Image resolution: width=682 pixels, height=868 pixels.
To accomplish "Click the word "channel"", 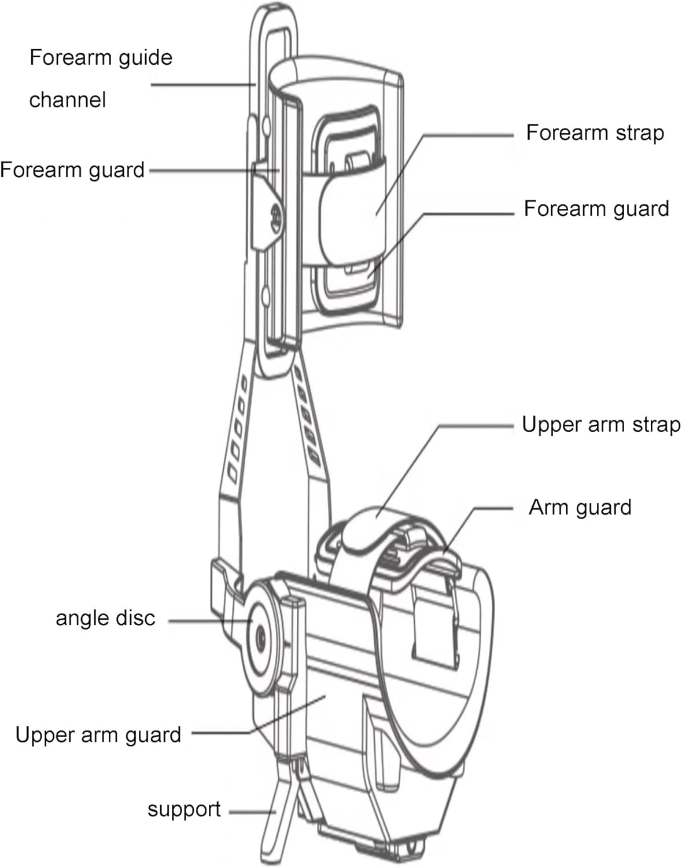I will coord(68,100).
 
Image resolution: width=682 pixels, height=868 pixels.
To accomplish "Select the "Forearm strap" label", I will coord(595,133).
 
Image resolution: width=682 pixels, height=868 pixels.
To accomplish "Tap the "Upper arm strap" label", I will coord(601,425).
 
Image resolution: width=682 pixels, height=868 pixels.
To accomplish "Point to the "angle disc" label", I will coord(105,618).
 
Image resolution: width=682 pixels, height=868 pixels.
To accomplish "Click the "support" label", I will coord(184,809).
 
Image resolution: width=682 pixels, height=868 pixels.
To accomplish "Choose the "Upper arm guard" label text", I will coord(98,735).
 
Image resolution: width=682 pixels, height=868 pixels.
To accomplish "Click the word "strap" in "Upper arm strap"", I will coord(657,425).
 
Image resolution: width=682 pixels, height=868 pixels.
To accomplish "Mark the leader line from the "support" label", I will coord(252,812).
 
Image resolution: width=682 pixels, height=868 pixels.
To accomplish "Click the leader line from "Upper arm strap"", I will coord(474,425).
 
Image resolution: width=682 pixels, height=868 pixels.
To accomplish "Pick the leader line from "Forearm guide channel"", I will coord(202,85).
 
